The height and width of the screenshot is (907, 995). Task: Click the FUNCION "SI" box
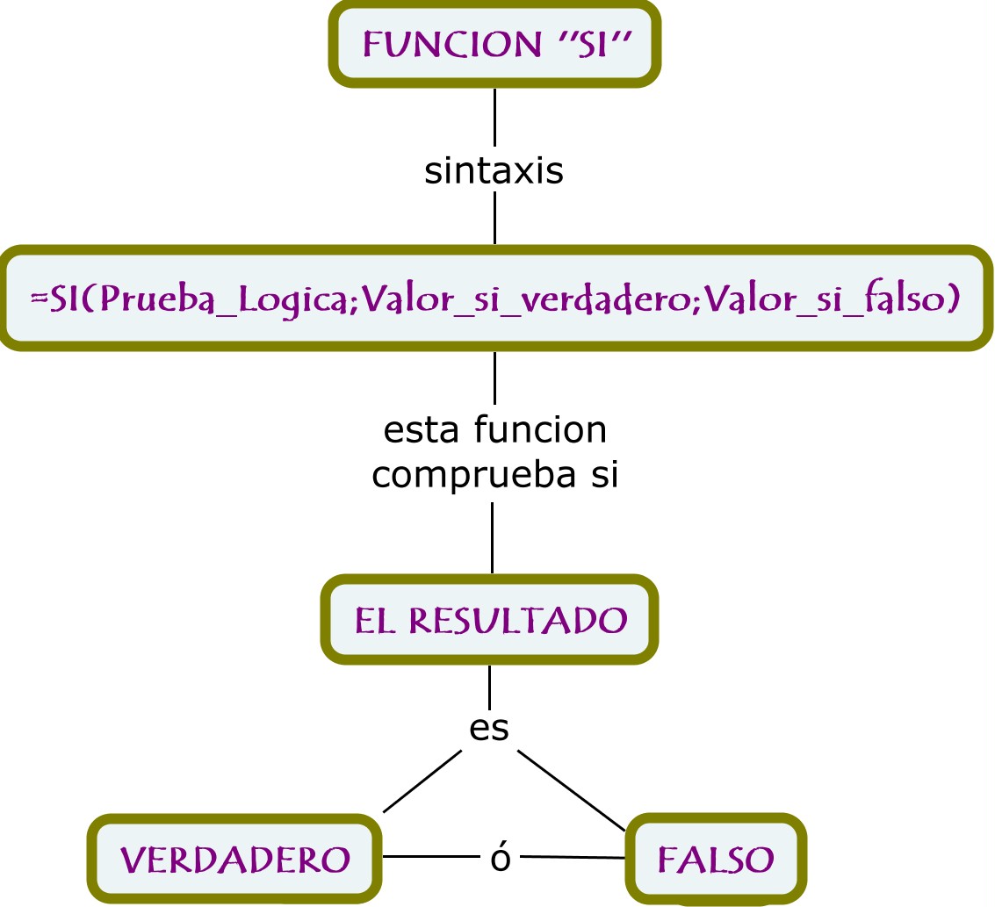(x=494, y=44)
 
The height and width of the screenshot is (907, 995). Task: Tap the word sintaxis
(x=494, y=171)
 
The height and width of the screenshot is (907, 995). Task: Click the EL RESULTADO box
(x=490, y=620)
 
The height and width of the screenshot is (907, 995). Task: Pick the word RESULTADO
(x=518, y=620)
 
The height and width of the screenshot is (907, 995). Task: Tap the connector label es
(x=489, y=728)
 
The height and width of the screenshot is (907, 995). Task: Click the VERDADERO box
(x=234, y=860)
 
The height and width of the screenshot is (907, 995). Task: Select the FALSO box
(x=716, y=860)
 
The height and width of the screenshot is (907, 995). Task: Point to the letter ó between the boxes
(x=500, y=859)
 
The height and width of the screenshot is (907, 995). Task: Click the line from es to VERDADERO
(x=422, y=781)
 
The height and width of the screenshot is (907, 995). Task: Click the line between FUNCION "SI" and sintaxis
(x=494, y=117)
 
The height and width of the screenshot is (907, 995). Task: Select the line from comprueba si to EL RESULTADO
(x=492, y=537)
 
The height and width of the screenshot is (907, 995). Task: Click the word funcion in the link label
(x=539, y=431)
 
